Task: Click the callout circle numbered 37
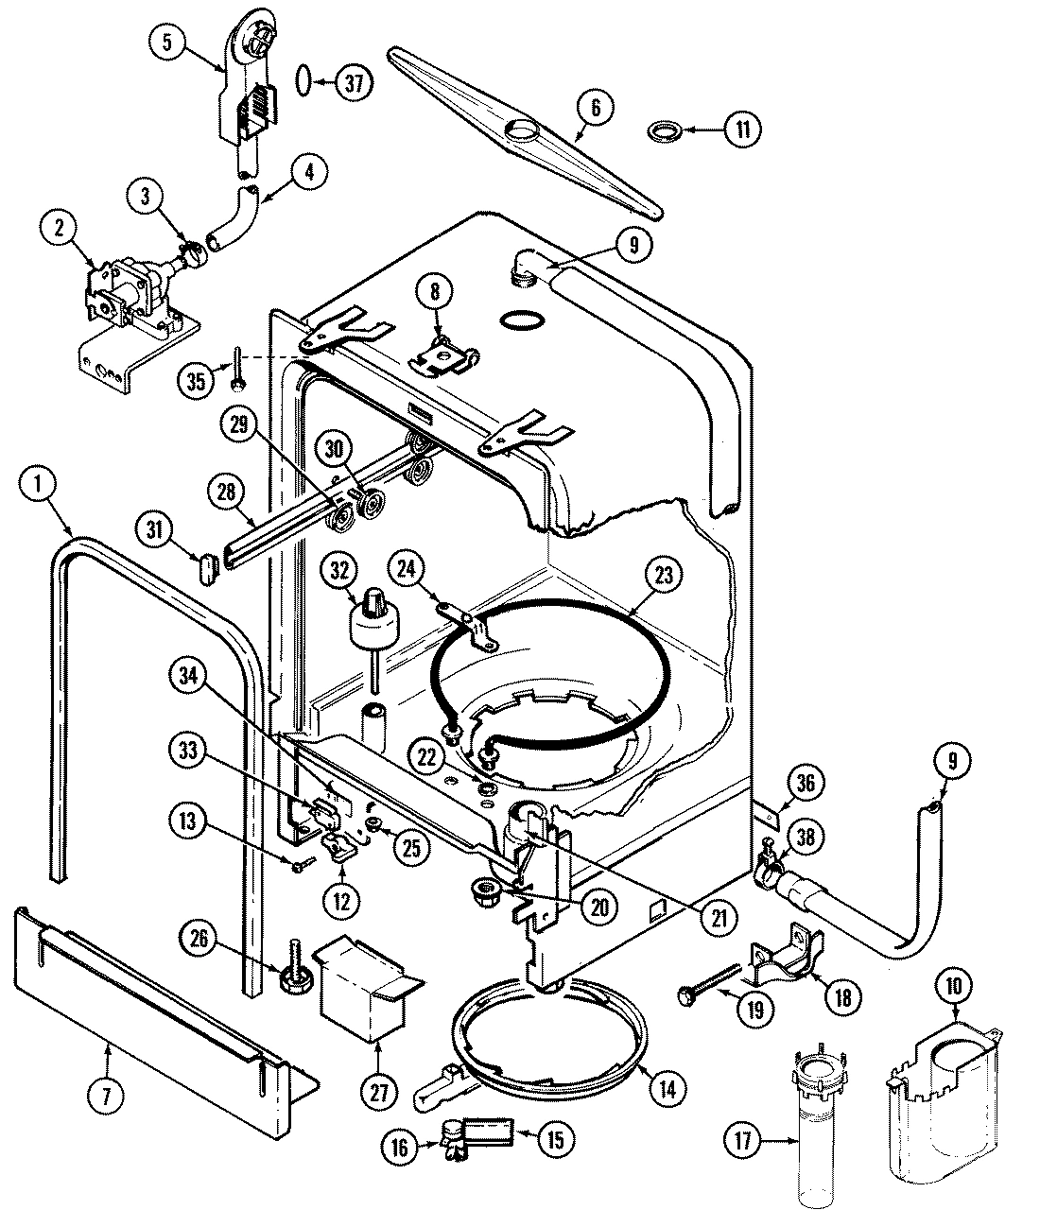[352, 83]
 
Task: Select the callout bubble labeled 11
[742, 130]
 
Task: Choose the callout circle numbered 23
[664, 576]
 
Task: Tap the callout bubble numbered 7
[106, 1096]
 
